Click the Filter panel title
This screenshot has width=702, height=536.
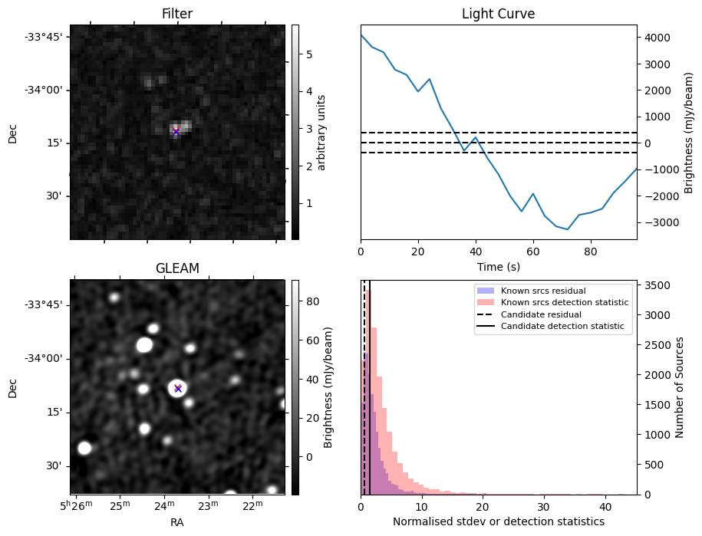[176, 15]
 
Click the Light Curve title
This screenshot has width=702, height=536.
[498, 15]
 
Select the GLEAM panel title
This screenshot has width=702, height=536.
[176, 268]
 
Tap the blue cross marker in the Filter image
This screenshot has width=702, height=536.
[176, 132]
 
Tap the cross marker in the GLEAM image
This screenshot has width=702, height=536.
[178, 388]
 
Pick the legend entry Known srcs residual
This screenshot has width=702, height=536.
[543, 291]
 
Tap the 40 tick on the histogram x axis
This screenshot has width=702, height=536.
[605, 507]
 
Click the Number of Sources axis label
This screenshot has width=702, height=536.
[679, 386]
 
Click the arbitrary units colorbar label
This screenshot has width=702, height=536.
[321, 132]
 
